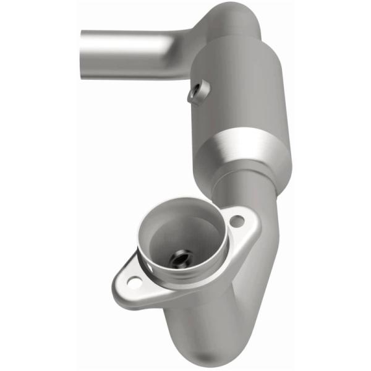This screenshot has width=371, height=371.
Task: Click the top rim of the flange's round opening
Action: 179,204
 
